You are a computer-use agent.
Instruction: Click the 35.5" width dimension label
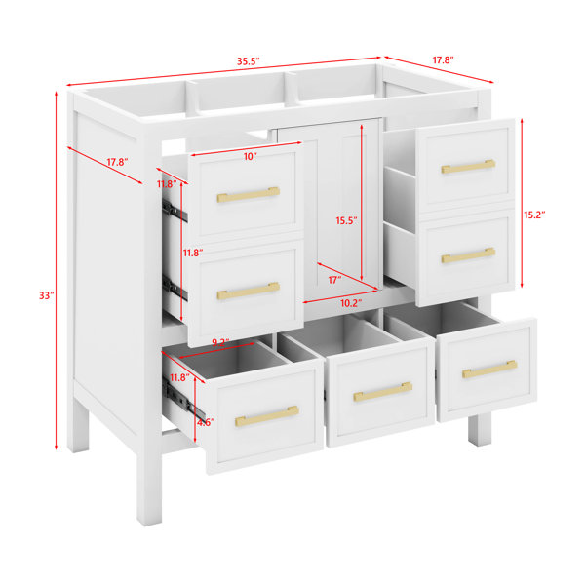(248, 61)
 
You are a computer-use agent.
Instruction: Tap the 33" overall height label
(47, 295)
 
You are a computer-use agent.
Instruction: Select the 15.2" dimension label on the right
(534, 214)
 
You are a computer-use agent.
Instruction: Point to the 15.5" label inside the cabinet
(346, 221)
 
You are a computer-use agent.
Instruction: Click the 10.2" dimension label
(351, 303)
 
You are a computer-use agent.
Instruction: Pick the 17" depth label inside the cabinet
(334, 280)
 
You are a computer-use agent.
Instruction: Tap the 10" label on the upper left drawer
(251, 157)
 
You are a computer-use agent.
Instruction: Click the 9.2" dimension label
(220, 342)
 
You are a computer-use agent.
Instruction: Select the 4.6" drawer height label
(206, 423)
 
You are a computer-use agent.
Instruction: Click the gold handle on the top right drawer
(468, 167)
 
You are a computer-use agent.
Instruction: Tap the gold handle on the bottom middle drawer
(383, 391)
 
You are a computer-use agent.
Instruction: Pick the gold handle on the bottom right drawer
(489, 369)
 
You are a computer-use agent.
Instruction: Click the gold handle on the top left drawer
(249, 194)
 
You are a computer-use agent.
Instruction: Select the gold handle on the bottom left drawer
(267, 416)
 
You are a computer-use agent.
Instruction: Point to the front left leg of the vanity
(149, 482)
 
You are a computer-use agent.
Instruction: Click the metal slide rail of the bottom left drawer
(184, 398)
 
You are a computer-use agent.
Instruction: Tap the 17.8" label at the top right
(444, 60)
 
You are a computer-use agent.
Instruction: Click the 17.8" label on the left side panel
(118, 162)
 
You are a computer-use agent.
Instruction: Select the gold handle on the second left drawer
(249, 291)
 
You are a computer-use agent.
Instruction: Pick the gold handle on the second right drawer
(468, 255)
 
